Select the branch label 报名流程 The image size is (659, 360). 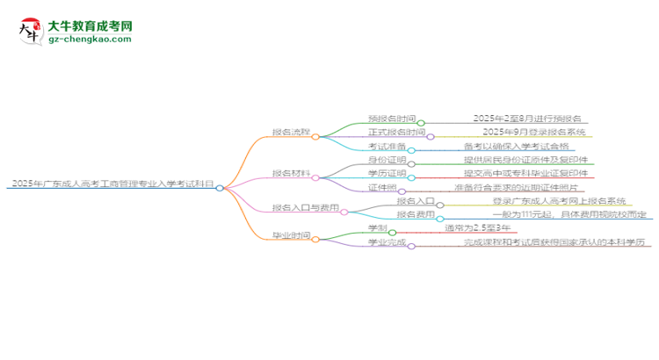coord(290,133)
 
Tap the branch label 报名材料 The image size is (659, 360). coord(290,173)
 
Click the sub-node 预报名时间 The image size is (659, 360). coord(391,119)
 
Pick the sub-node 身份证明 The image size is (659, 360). coord(387,160)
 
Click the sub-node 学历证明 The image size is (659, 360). coord(387,174)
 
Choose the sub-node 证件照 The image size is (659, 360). coord(383,187)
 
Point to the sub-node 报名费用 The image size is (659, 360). coord(413,213)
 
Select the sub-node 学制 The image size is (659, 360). coord(378,227)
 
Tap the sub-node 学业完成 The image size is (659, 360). coord(387,241)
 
